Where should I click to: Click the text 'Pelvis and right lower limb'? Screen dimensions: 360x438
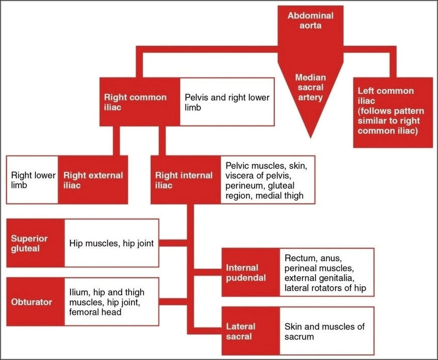point(227,102)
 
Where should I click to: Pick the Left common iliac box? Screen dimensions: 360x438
point(392,111)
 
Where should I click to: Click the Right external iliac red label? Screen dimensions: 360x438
point(92,180)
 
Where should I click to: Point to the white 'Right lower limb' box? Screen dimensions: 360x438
point(32,180)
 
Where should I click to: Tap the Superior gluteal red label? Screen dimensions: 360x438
point(35,243)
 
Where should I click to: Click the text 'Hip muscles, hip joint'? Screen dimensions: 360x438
point(111,243)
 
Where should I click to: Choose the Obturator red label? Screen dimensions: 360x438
point(35,303)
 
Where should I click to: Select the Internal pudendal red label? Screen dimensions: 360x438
point(250,273)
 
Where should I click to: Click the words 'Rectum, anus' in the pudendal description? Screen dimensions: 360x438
point(309,258)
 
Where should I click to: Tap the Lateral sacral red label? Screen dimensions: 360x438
point(250,331)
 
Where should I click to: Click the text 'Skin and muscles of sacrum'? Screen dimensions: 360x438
point(324,331)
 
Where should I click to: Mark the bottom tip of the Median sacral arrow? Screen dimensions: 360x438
point(310,135)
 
